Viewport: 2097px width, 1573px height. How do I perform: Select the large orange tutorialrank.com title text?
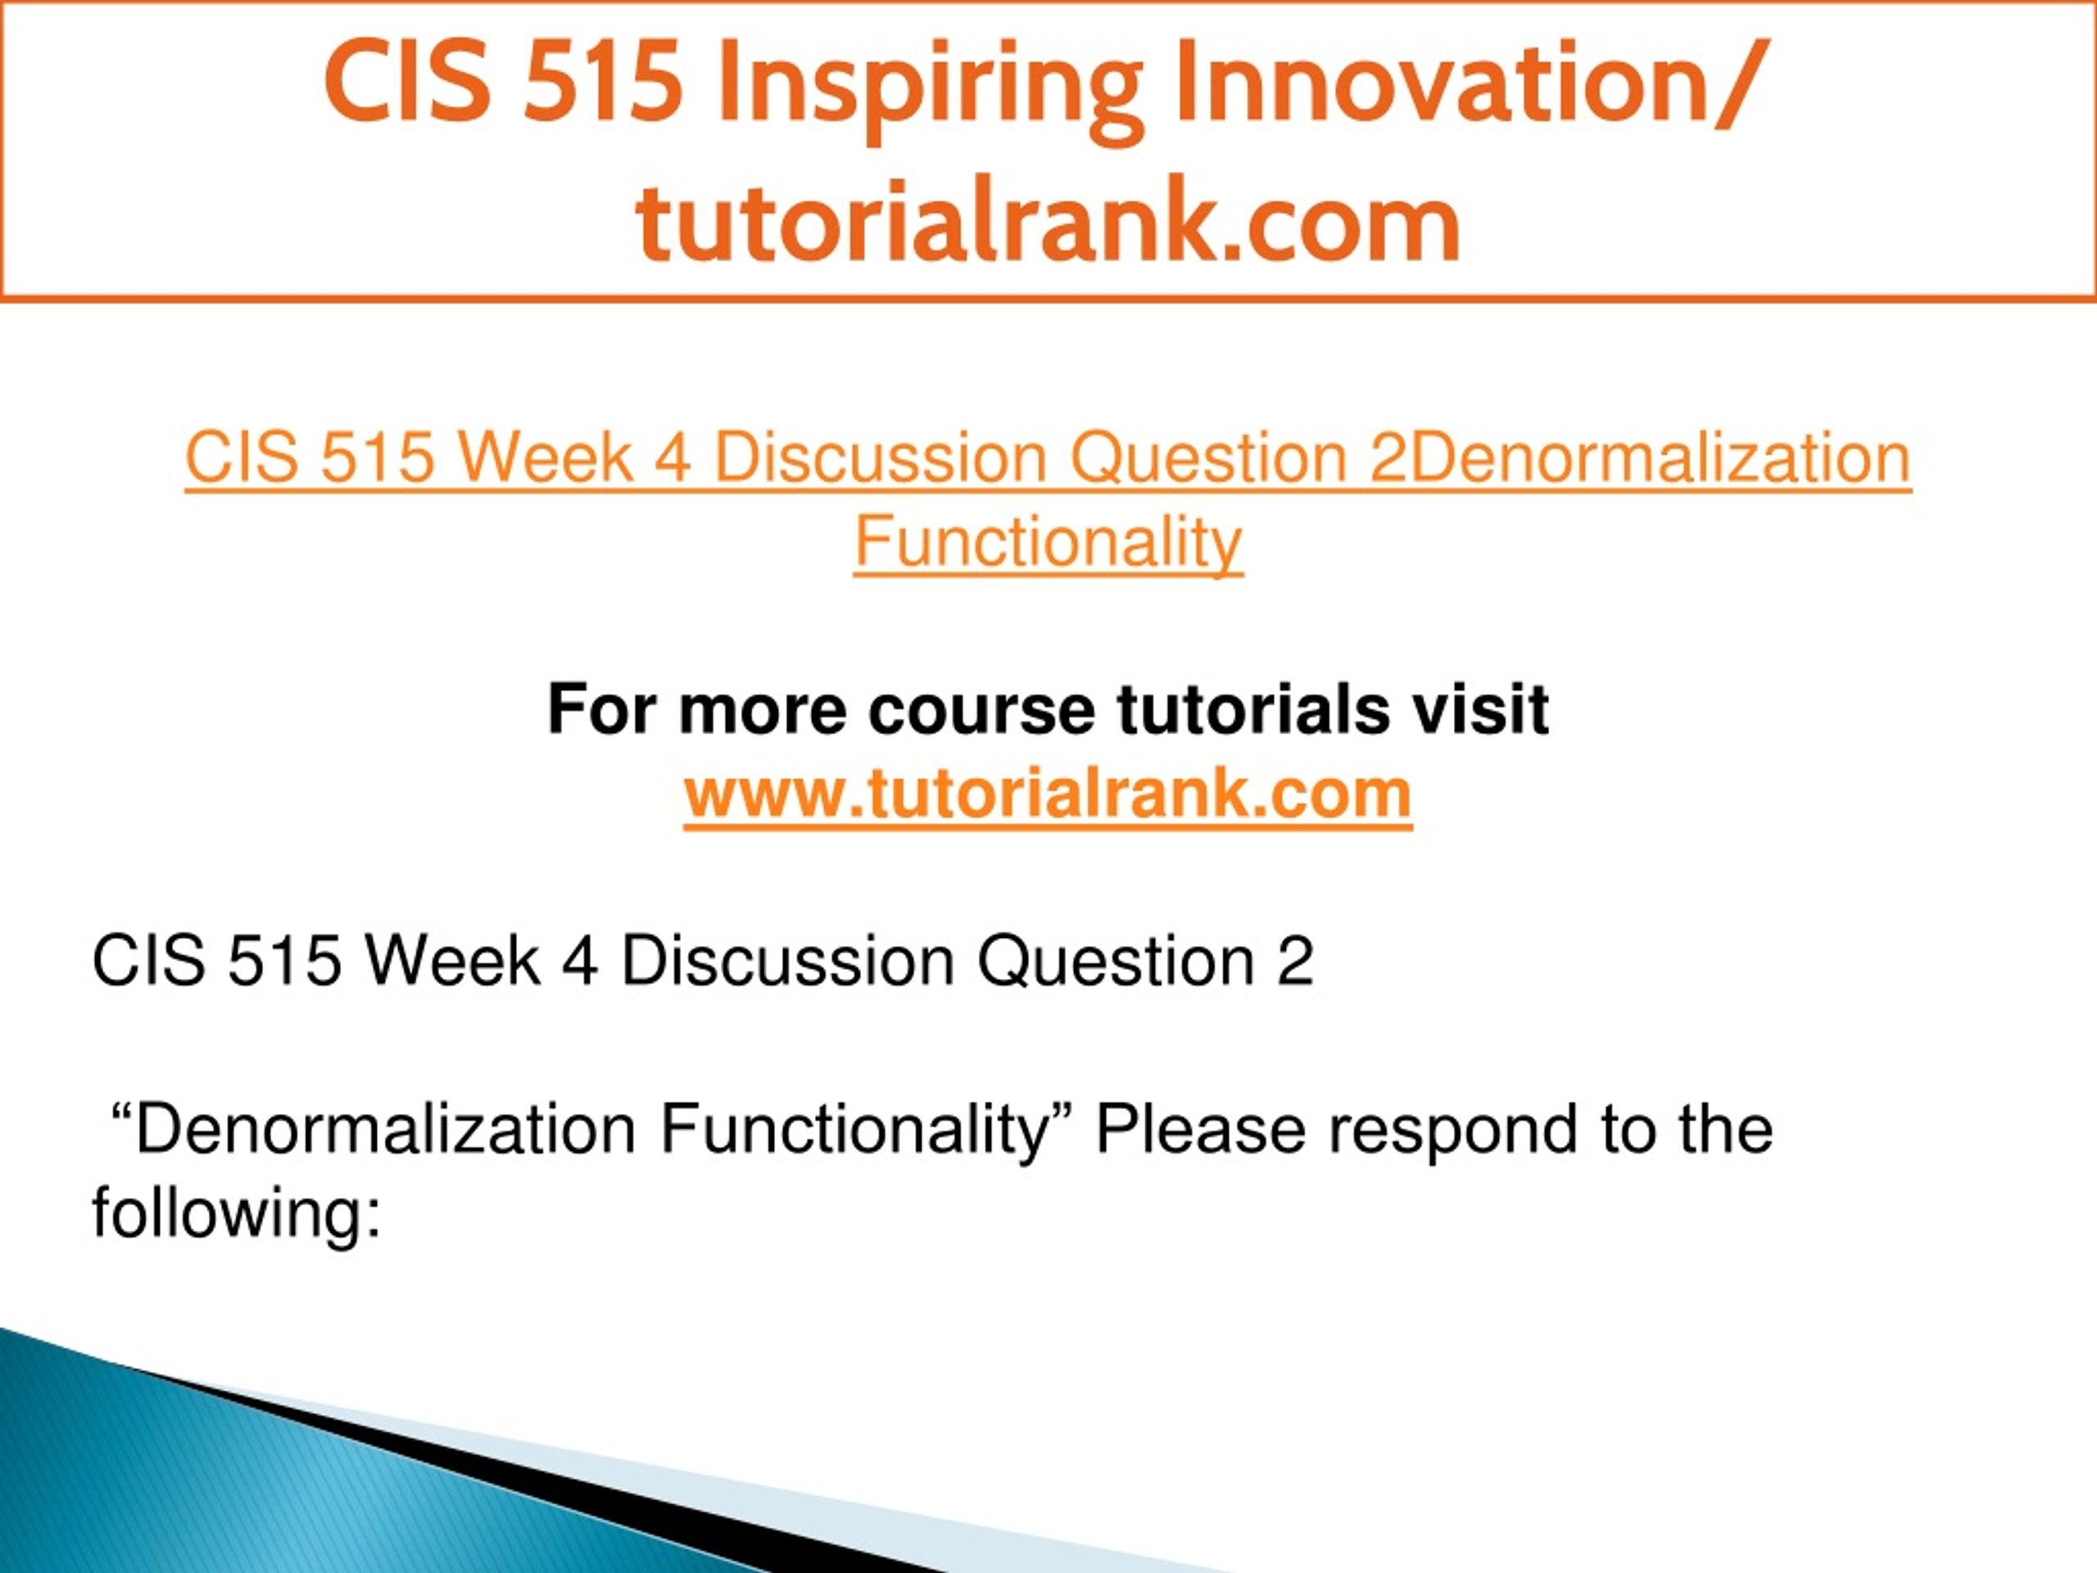[x=1048, y=219]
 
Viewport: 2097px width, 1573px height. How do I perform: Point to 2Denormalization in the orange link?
[x=1640, y=457]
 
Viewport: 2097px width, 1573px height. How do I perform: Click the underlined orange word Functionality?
[x=1048, y=542]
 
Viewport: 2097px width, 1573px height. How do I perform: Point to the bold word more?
[x=763, y=711]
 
